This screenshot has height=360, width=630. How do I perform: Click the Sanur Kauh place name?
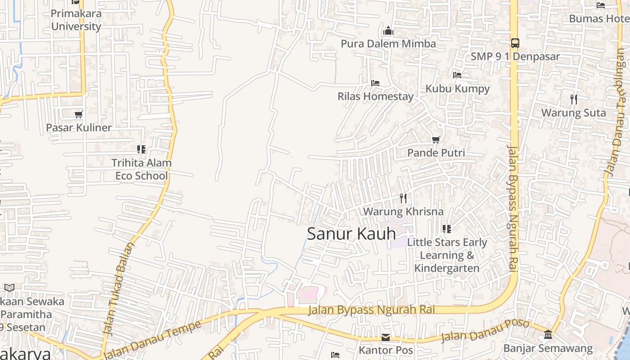click(351, 234)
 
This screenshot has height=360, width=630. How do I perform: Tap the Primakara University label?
click(76, 20)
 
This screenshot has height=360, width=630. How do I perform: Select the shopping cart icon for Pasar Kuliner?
click(79, 114)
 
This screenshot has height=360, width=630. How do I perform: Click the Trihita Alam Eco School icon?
click(141, 149)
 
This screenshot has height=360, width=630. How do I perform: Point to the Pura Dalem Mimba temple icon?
click(388, 31)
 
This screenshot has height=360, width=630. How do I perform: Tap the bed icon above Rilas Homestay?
click(375, 83)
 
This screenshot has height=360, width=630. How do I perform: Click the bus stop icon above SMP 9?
click(515, 43)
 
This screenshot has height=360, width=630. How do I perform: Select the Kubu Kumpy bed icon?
click(457, 75)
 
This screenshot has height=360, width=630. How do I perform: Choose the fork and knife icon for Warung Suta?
click(573, 99)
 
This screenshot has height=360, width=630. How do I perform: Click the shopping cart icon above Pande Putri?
click(436, 140)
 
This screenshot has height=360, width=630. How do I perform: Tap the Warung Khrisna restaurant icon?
click(403, 198)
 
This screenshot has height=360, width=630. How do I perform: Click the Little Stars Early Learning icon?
click(446, 229)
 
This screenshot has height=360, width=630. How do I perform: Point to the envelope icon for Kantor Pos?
click(386, 337)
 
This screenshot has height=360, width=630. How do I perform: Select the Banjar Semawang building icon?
click(548, 335)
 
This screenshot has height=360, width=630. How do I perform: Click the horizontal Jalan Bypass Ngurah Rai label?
click(372, 310)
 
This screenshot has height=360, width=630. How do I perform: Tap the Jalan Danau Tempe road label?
click(152, 340)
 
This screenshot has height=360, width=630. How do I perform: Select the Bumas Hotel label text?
click(598, 18)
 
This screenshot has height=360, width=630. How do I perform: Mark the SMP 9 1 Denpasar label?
click(515, 57)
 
